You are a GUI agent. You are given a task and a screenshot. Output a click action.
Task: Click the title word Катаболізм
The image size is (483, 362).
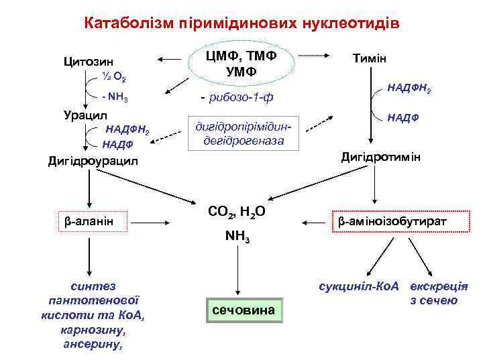[127, 24]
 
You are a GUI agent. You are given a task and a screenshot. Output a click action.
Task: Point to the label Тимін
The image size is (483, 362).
[370, 58]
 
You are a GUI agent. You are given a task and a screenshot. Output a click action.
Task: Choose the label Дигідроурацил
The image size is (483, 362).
[93, 161]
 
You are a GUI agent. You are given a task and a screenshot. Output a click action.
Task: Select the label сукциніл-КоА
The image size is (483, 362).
[360, 286]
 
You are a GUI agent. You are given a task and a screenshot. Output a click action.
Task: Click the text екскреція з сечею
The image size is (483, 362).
[439, 292]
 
